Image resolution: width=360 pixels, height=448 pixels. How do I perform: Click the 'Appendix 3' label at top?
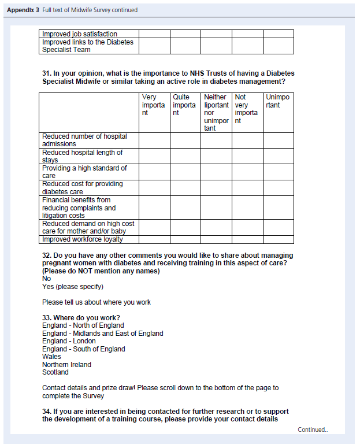click(x=23, y=10)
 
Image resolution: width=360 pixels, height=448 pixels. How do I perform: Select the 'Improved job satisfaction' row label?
click(x=79, y=34)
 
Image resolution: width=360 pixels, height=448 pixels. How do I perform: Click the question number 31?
click(x=47, y=74)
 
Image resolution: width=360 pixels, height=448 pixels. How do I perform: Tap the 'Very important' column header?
click(x=153, y=105)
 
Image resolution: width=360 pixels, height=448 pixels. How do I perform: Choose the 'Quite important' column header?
click(x=184, y=105)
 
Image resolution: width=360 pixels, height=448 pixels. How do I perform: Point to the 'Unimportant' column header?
click(x=278, y=101)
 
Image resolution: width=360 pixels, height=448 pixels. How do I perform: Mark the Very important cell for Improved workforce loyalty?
click(x=154, y=239)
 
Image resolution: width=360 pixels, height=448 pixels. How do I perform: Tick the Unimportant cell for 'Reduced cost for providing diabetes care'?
click(x=278, y=188)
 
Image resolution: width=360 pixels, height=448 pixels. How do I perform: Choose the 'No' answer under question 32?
click(x=46, y=279)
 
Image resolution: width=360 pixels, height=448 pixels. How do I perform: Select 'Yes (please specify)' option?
click(x=73, y=287)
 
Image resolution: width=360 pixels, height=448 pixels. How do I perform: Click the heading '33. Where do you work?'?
click(x=81, y=318)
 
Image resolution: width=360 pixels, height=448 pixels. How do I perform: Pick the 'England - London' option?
click(x=69, y=341)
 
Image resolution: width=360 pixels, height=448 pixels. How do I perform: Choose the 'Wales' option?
click(x=51, y=357)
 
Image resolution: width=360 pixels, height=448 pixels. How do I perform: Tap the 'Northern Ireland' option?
click(x=66, y=365)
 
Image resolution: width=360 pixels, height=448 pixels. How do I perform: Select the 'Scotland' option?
click(x=55, y=372)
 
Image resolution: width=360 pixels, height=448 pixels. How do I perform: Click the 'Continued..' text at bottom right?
click(x=313, y=430)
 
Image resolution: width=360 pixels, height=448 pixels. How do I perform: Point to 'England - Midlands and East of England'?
click(x=102, y=334)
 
